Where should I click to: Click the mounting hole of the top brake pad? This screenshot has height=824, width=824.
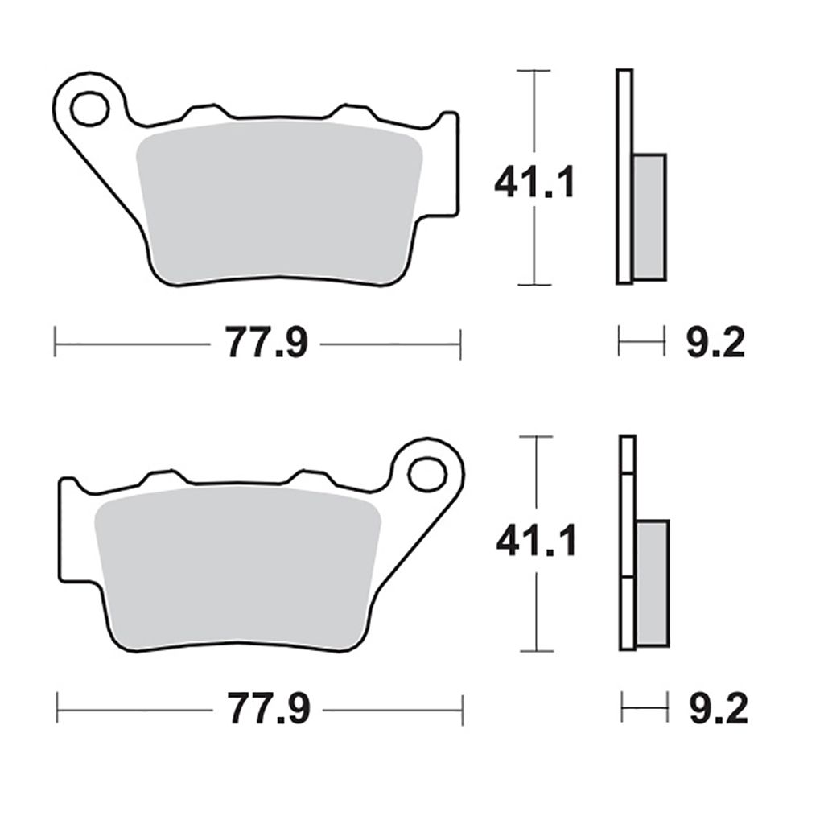90,109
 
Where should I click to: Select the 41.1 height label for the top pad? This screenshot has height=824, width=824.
534,182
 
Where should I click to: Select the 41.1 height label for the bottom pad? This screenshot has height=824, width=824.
536,540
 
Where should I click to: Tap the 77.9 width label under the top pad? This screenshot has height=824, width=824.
266,343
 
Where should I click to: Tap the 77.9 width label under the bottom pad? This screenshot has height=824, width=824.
269,709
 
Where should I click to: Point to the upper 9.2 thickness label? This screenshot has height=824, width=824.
715,343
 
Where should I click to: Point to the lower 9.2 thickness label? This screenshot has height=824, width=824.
718,709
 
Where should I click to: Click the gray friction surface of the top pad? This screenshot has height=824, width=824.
279,202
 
